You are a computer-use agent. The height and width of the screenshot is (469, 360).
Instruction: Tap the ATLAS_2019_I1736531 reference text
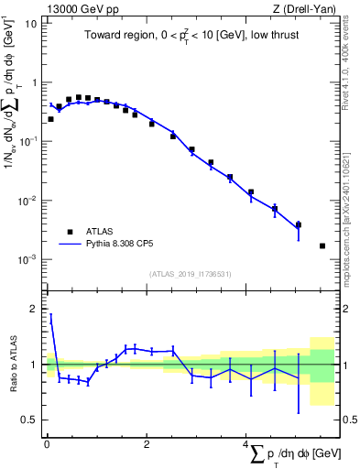click(x=191, y=274)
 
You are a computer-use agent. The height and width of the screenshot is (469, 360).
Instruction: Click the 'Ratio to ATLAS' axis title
click(x=11, y=365)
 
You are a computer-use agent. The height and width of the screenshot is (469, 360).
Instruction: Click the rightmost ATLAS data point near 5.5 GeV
click(x=322, y=245)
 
